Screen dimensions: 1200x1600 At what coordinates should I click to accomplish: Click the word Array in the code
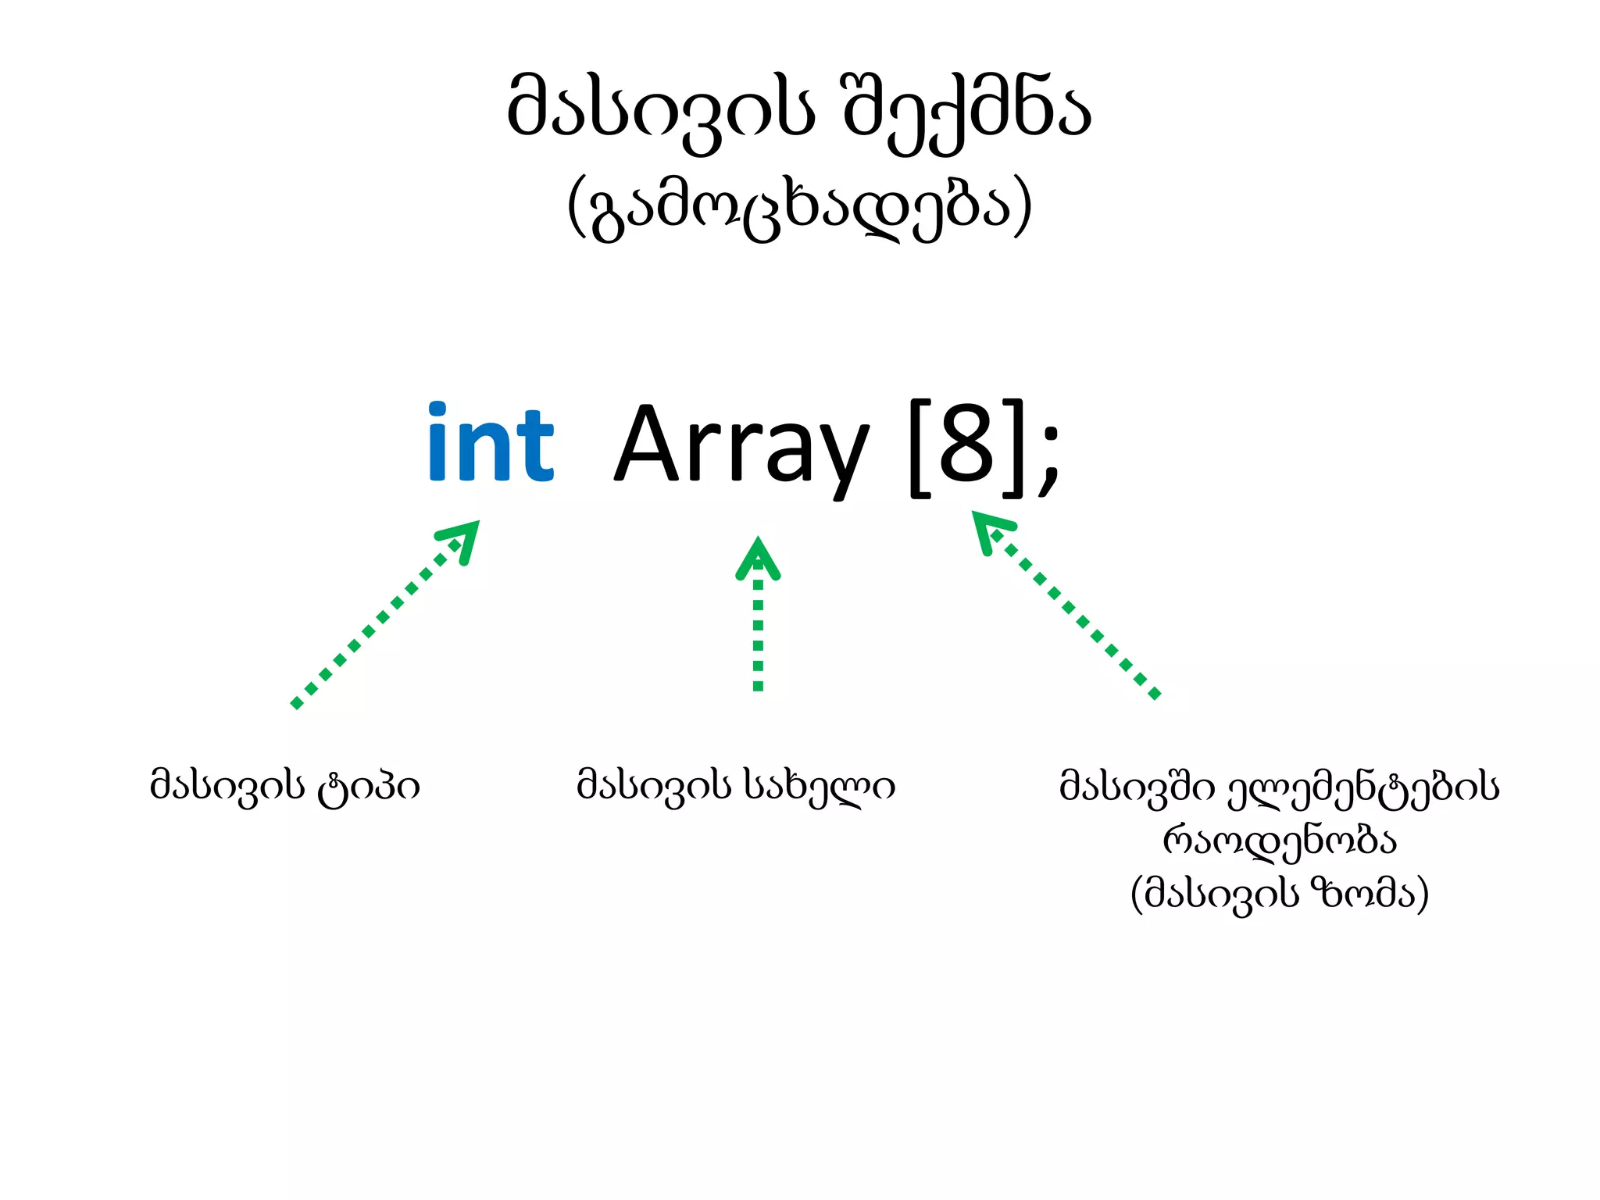(x=741, y=447)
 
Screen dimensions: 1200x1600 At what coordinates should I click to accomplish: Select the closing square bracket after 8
(x=1011, y=447)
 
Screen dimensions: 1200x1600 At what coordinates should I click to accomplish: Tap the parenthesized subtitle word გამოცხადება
(x=800, y=209)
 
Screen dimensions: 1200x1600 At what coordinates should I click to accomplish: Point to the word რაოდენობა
(x=1280, y=841)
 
